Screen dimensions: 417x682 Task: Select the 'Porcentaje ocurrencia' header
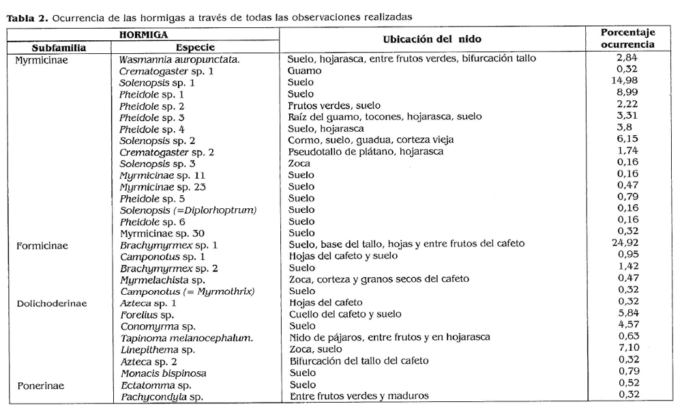click(627, 38)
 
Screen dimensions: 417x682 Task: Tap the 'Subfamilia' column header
click(59, 48)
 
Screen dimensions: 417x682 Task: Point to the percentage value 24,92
click(627, 244)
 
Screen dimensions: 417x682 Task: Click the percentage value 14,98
click(627, 82)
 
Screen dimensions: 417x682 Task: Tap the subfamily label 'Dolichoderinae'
click(51, 303)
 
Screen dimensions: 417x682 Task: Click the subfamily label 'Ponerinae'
click(41, 385)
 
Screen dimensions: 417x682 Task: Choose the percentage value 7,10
click(627, 349)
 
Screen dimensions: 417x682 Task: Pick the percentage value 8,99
click(627, 94)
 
